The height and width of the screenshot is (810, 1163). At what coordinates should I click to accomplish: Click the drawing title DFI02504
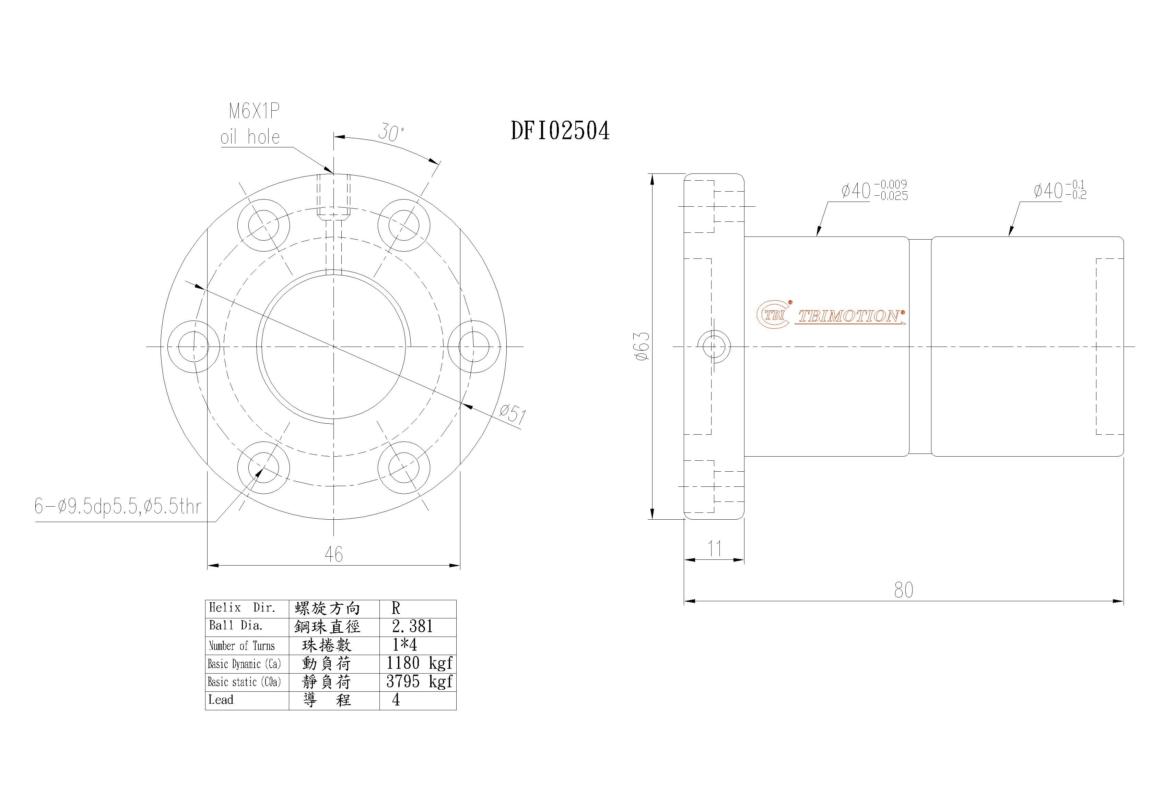(x=560, y=131)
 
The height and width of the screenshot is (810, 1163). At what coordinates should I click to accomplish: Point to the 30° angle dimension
(x=391, y=133)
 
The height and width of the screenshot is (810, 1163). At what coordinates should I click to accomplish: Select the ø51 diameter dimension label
(x=513, y=414)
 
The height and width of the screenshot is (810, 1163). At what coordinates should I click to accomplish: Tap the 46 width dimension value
(x=334, y=554)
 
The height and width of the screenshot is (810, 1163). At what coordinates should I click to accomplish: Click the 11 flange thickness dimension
(x=714, y=548)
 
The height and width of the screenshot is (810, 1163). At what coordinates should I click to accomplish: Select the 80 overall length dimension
(x=904, y=590)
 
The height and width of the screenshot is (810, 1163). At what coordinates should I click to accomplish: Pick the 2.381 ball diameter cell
(x=413, y=627)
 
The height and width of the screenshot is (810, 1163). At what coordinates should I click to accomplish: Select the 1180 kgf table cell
(x=419, y=663)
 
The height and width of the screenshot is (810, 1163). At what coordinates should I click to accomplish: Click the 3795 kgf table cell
(x=419, y=681)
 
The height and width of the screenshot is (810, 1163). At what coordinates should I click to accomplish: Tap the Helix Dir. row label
(x=242, y=608)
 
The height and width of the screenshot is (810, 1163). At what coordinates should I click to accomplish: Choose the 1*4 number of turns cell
(x=405, y=645)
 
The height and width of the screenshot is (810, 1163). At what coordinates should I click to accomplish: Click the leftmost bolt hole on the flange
(x=193, y=347)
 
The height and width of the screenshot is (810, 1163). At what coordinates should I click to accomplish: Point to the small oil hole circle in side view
(x=714, y=347)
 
